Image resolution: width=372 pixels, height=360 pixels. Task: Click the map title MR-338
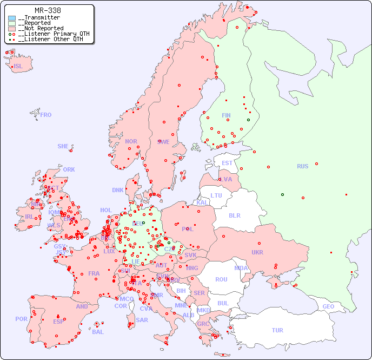click(48, 10)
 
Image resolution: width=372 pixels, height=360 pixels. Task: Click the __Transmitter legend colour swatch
click(12, 18)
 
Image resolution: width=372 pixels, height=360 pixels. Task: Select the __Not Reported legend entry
click(41, 28)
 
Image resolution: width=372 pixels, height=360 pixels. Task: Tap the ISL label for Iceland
click(18, 67)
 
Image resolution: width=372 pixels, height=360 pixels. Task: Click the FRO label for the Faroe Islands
click(46, 115)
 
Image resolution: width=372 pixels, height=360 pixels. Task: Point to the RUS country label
click(302, 166)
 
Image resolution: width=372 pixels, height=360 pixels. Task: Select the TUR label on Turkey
click(277, 330)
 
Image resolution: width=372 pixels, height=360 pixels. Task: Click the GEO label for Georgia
click(328, 306)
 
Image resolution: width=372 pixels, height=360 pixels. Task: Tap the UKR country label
click(257, 252)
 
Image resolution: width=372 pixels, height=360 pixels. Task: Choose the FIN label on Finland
click(226, 115)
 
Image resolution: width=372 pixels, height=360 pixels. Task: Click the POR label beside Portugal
click(21, 319)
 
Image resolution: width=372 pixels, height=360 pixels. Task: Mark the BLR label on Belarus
click(235, 215)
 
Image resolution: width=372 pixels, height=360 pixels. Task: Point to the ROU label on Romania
click(221, 279)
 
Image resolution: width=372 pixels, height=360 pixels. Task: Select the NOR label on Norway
click(131, 141)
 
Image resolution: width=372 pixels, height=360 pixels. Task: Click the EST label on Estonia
click(227, 163)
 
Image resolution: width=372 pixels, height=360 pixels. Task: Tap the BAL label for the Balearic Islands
click(98, 332)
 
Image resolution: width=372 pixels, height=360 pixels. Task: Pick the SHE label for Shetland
click(63, 146)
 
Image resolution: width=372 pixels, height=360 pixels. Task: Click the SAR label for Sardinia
click(142, 320)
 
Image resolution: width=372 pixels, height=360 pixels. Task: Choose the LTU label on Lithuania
click(216, 195)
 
